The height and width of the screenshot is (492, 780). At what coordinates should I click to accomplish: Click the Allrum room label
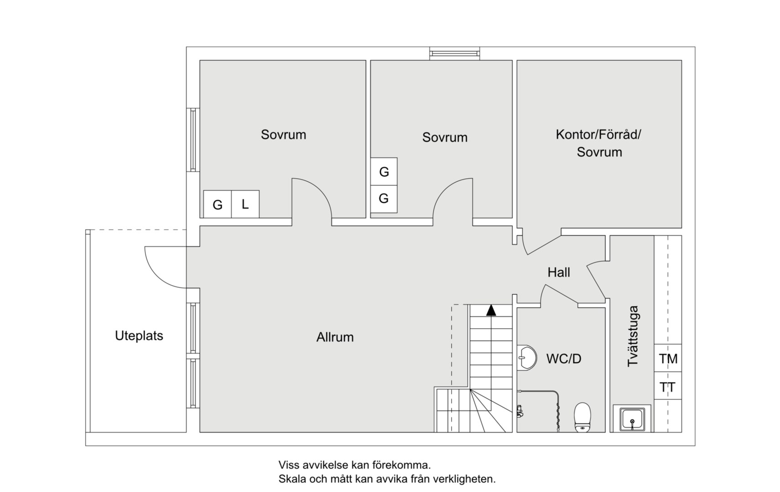click(335, 337)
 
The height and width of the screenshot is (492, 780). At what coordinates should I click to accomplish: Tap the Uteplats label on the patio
click(139, 336)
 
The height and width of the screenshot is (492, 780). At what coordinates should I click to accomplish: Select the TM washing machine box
click(668, 359)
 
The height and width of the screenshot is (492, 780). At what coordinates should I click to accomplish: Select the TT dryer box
click(668, 387)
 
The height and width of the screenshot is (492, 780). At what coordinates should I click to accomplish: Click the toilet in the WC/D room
click(582, 416)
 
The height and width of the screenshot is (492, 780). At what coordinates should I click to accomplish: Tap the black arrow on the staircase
click(491, 311)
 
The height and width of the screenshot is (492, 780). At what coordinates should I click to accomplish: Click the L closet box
click(245, 204)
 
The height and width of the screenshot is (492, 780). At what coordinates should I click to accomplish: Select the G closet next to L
click(217, 205)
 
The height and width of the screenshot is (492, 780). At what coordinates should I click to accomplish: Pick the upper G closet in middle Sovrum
click(384, 172)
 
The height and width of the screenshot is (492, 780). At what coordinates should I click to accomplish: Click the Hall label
click(558, 272)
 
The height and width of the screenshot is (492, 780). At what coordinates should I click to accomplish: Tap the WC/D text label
click(563, 359)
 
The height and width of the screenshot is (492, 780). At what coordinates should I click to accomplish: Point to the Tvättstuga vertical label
click(633, 336)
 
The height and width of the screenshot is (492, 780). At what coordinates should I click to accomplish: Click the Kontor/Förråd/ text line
click(598, 134)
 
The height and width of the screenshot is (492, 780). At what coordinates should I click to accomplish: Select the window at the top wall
click(455, 53)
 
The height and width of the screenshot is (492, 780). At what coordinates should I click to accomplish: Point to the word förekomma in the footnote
click(404, 465)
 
